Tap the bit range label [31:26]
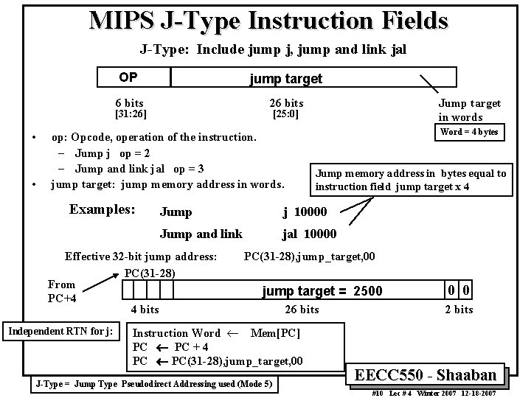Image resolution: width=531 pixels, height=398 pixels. pos(128,114)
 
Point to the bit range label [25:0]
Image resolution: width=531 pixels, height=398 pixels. pos(285,114)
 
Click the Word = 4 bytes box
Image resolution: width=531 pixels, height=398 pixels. pos(468,132)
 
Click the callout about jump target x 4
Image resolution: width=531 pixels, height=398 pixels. pos(411,180)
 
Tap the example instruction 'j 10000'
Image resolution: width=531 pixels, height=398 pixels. pos(310,212)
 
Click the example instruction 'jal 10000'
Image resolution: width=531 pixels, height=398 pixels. pos(309,234)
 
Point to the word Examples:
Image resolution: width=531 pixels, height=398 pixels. pos(102,209)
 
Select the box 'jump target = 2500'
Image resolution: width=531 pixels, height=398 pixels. pos(322,290)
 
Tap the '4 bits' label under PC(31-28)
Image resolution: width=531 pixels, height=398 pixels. pos(145,310)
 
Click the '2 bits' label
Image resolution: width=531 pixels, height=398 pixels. pos(458,310)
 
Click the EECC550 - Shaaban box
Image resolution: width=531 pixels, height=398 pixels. pos(431,374)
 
